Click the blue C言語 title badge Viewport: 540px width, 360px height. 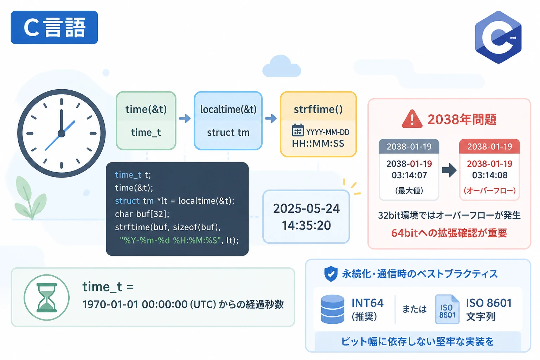click(54, 27)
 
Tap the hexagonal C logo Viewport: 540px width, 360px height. click(498, 37)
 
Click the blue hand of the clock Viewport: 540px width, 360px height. click(60, 135)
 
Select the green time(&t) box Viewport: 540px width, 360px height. click(146, 121)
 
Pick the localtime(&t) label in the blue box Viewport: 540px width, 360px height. click(228, 109)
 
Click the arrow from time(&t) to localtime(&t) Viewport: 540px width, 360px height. click(185, 118)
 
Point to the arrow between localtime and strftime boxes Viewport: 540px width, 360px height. click(271, 118)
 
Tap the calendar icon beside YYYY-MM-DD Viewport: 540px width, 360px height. click(298, 130)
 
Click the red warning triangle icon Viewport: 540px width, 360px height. click(412, 119)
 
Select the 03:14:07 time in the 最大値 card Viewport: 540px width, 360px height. click(409, 175)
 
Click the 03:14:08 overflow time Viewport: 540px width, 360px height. click(490, 175)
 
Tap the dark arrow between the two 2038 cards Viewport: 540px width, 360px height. click(449, 170)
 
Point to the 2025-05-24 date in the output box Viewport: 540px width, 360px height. click(307, 208)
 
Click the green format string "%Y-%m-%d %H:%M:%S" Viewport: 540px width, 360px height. click(171, 240)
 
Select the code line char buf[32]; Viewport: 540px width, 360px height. click(142, 214)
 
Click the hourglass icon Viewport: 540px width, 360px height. click(46, 297)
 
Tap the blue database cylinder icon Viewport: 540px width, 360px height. click(333, 309)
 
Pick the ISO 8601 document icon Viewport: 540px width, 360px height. click(447, 309)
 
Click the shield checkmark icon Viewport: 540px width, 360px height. click(331, 274)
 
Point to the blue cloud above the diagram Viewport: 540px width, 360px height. click(282, 66)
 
